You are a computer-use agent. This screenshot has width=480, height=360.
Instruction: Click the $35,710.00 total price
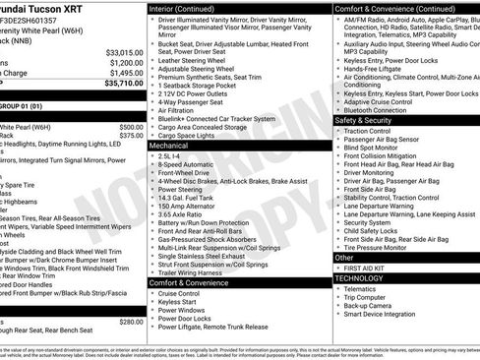click(x=118, y=85)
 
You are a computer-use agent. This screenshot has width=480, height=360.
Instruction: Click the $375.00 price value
click(x=130, y=137)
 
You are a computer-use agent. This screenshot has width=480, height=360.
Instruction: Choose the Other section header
click(x=346, y=257)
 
